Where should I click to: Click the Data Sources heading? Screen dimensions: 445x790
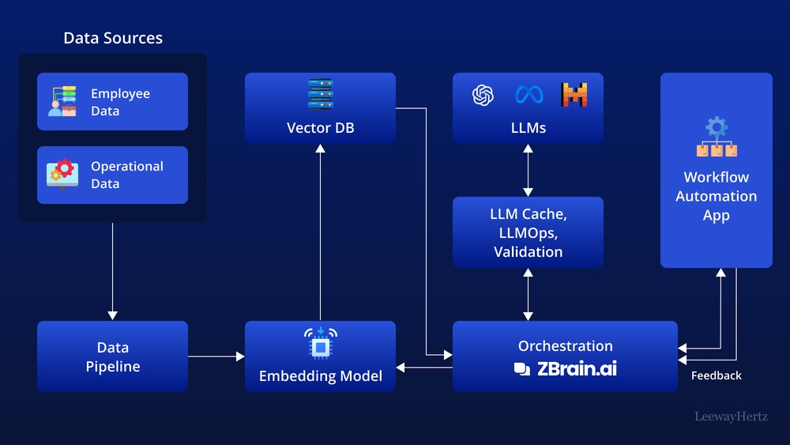113,38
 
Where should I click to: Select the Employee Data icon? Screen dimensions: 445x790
62,102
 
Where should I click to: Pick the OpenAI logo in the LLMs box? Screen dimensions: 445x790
483,96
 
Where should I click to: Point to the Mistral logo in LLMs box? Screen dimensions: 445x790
574,96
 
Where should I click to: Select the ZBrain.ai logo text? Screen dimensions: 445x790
566,368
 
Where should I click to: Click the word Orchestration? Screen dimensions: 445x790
565,346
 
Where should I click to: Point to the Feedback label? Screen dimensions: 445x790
716,376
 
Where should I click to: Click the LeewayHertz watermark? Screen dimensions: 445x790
731,417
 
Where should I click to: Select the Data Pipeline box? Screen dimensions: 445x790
112,356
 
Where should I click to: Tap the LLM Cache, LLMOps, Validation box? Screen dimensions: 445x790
528,232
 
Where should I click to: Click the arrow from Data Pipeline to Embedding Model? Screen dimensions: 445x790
216,356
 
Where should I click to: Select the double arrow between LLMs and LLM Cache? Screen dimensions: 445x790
528,171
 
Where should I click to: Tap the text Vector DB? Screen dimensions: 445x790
320,127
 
